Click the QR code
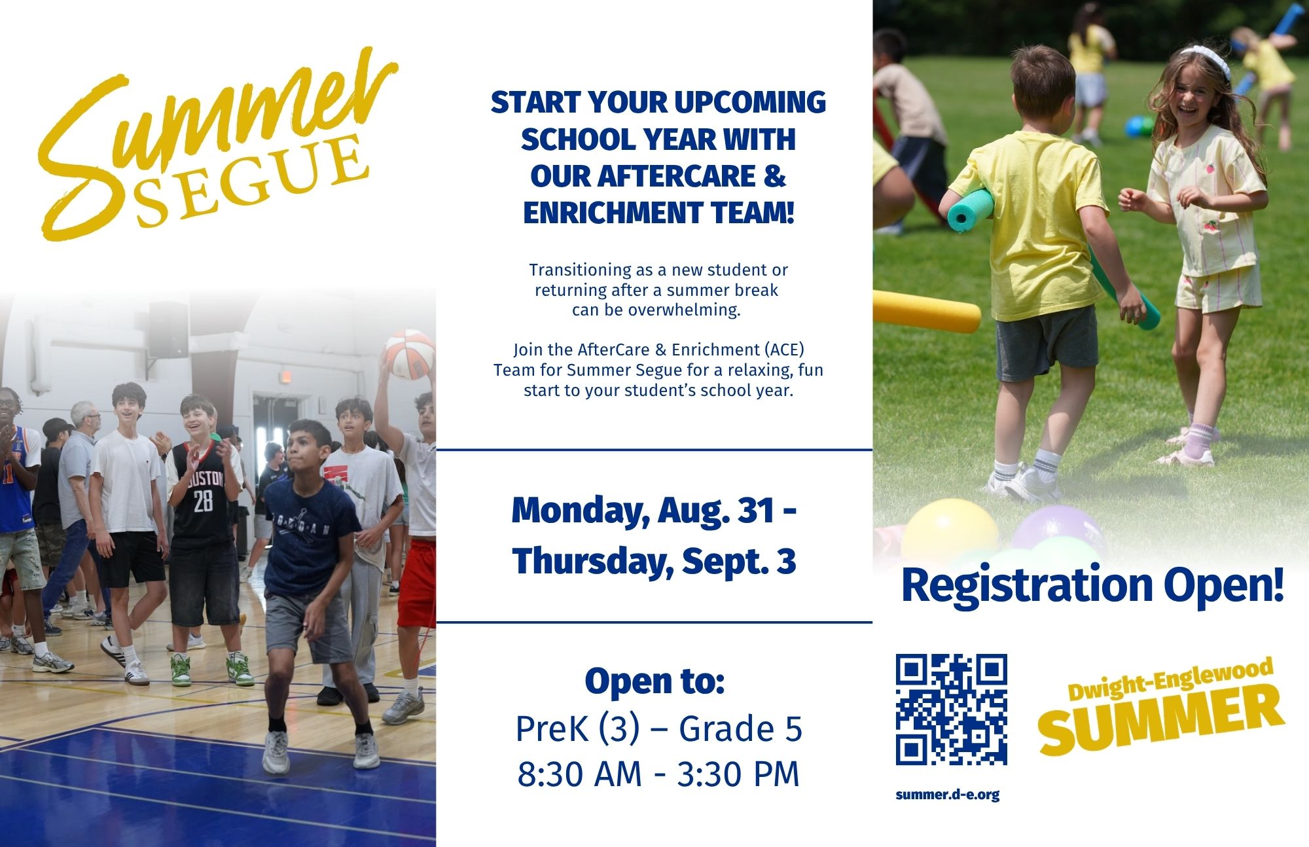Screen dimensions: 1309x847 951,709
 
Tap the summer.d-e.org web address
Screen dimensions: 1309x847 947,795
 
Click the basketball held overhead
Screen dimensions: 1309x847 409,355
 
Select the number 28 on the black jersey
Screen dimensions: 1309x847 203,501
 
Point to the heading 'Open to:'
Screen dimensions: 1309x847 654,681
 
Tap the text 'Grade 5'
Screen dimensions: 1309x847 740,729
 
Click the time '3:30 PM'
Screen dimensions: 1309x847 738,774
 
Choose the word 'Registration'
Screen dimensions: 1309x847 1027,586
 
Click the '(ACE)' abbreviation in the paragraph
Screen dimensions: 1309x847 784,350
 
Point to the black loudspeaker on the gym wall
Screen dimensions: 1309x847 169,330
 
